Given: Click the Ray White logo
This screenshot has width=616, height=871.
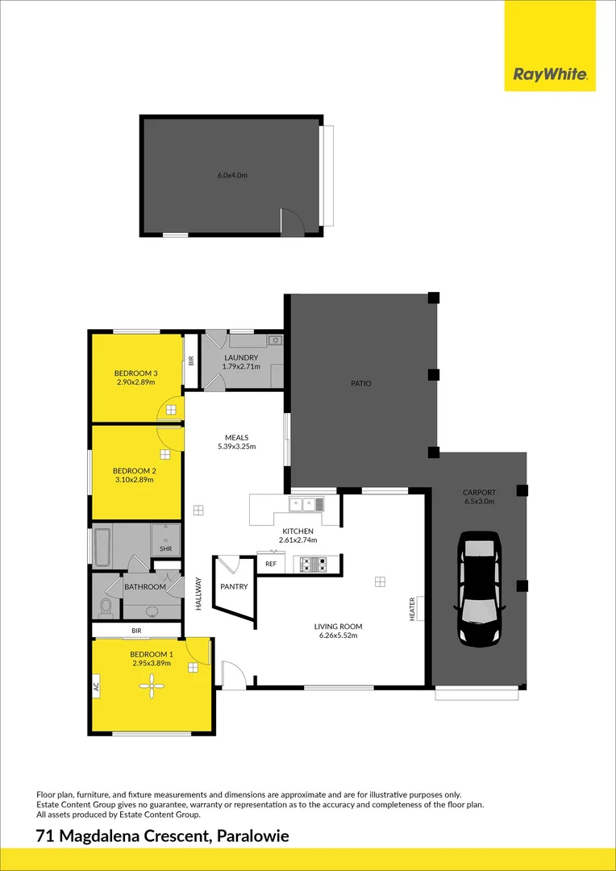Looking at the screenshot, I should (550, 76).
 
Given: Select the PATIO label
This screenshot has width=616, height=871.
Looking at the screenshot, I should (360, 383).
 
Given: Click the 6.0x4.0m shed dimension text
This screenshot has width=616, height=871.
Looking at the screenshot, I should (231, 175).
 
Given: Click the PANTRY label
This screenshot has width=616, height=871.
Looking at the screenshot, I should (234, 586).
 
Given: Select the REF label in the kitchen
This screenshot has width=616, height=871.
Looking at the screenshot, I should (271, 565).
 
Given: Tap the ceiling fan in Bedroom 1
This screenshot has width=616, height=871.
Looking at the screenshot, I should (151, 687).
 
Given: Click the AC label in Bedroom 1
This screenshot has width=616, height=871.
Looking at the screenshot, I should (96, 687).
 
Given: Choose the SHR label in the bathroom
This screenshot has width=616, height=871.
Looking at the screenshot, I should (165, 548).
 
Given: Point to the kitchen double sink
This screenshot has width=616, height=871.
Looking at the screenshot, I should (307, 505).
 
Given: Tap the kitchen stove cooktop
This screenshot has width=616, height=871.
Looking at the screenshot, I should (312, 565).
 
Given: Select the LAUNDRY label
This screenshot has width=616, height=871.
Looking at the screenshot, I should (241, 357).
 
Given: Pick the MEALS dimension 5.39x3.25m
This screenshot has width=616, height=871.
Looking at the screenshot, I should (236, 446).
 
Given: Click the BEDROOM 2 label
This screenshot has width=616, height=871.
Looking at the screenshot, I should (134, 470).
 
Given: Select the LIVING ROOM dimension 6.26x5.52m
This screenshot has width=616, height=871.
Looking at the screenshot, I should (338, 636).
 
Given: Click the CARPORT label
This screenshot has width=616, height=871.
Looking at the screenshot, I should (479, 492).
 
